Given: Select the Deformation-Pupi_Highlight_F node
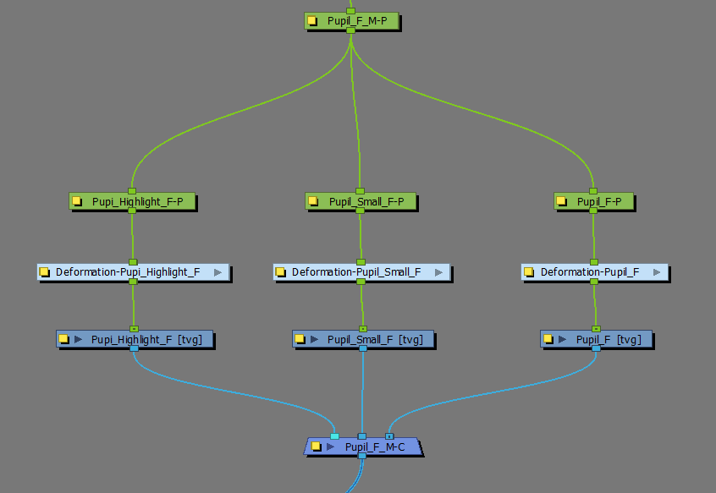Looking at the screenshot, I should [x=128, y=272].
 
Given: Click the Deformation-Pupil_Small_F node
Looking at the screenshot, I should [x=356, y=272].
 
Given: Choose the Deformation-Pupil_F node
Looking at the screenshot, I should [x=590, y=272].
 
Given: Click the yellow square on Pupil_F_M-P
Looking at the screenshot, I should [x=313, y=21].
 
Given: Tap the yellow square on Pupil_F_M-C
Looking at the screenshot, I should [x=316, y=446].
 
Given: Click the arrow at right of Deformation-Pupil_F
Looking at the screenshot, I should [x=655, y=272].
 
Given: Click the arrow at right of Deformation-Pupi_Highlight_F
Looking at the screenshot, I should [x=218, y=272].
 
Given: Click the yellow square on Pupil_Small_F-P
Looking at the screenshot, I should [x=313, y=202].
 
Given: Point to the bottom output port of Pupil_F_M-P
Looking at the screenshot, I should [x=350, y=30].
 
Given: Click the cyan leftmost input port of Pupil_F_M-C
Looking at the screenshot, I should [x=334, y=436].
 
